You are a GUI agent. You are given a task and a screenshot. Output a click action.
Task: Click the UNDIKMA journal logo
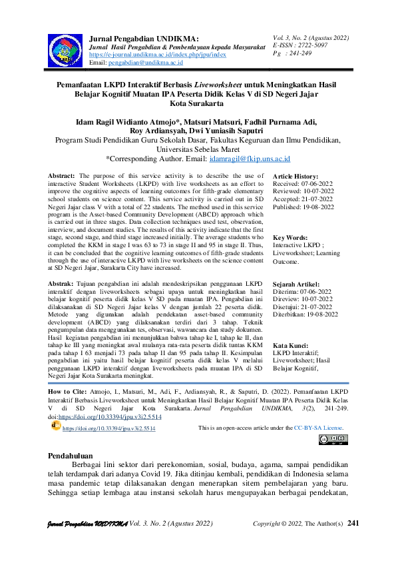(65, 49)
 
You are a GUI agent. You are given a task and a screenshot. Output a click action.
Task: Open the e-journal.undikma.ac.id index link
(157, 55)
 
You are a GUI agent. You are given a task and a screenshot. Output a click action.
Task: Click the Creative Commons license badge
(333, 438)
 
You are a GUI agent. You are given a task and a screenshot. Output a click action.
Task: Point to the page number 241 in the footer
(354, 542)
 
